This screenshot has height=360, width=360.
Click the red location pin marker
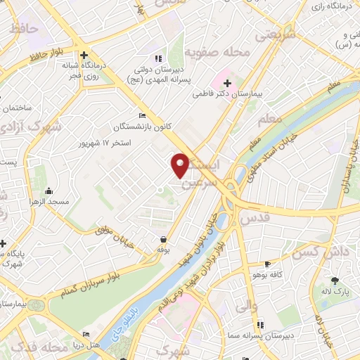(180, 164)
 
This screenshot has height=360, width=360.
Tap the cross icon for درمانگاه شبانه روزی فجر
(84, 55)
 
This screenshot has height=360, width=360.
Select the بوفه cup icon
(163, 239)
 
